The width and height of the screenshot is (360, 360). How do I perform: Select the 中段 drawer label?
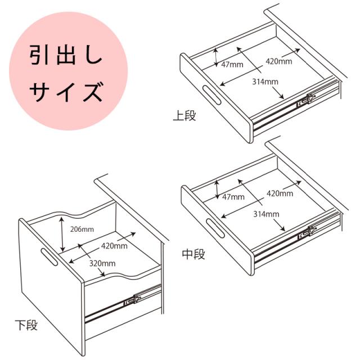193,254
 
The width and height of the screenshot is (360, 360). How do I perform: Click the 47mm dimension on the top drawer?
232,64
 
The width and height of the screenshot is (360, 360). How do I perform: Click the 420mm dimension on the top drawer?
280,60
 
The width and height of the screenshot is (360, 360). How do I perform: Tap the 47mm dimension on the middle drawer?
233,197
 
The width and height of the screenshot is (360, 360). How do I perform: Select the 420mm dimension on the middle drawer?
280,193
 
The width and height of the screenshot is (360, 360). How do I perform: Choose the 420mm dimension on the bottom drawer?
114,245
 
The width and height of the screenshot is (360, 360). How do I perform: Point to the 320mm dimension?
102,263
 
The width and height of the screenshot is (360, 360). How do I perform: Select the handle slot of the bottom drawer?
49,257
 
